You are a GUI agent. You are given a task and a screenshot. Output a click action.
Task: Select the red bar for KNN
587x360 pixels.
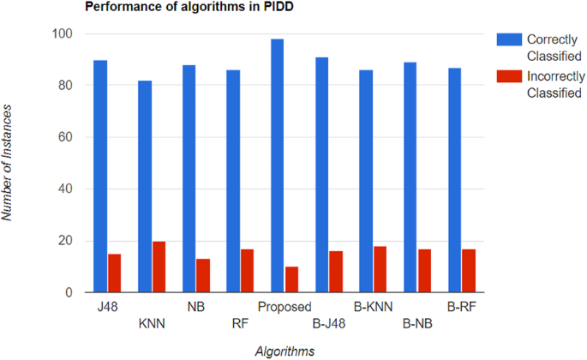pyautogui.click(x=159, y=267)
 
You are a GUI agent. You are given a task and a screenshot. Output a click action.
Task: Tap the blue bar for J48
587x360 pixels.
pyautogui.click(x=100, y=176)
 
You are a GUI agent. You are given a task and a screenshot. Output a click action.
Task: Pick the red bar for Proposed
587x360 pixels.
pyautogui.click(x=292, y=279)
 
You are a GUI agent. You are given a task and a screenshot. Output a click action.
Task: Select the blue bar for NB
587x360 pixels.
pyautogui.click(x=189, y=178)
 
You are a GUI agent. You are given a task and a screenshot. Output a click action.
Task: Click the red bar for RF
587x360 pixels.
pyautogui.click(x=248, y=271)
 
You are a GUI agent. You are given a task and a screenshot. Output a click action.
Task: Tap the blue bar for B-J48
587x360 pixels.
pyautogui.click(x=321, y=175)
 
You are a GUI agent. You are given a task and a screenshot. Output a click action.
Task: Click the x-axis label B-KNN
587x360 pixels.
pyautogui.click(x=372, y=305)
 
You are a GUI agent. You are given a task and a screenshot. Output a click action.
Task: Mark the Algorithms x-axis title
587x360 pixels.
pyautogui.click(x=284, y=350)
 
